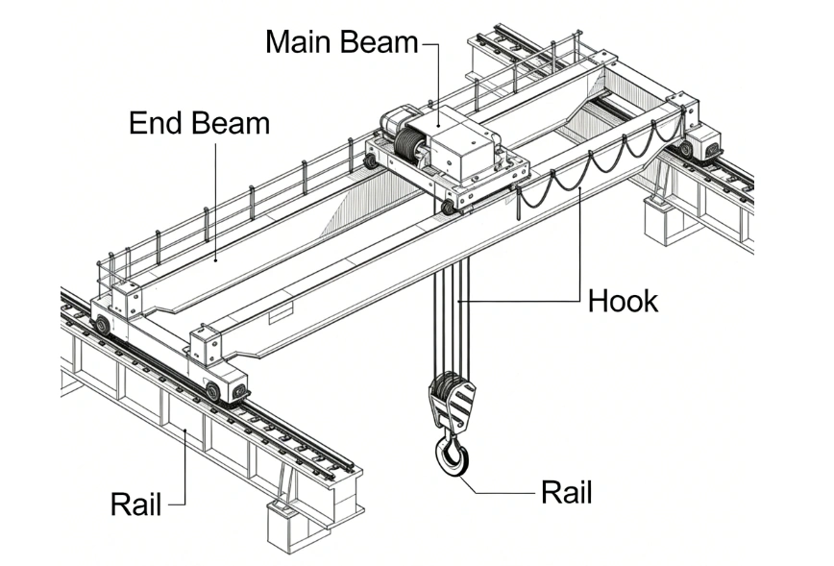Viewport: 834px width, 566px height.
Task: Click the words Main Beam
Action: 341,43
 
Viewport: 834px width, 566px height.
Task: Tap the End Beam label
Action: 199,123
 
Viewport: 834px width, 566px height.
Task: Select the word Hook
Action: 623,301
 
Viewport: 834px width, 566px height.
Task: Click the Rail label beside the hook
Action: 567,493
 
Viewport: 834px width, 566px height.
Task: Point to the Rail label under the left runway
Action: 135,504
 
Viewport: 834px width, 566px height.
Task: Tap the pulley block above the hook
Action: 450,399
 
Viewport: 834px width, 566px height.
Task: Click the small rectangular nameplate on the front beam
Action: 282,313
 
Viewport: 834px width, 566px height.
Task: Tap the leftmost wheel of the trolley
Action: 371,160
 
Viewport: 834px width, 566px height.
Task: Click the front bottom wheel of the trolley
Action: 447,207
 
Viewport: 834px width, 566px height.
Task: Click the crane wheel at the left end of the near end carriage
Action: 102,324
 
